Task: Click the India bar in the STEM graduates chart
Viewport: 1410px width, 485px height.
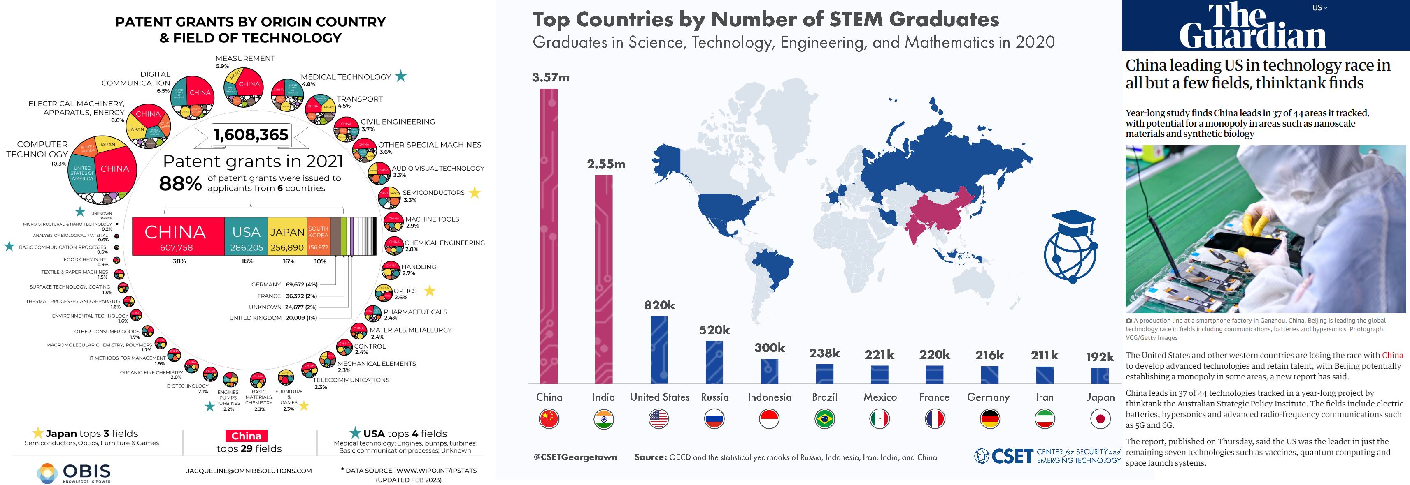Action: pos(603,279)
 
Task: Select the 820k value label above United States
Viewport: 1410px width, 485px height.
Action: pos(660,305)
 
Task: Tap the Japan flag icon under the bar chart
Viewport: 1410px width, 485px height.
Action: pos(1100,419)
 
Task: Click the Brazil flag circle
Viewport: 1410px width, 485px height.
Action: pos(824,419)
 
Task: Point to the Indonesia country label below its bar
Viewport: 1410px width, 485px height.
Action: pos(769,397)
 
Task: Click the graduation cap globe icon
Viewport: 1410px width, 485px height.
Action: pos(1070,246)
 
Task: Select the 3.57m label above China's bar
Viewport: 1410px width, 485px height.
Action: pos(551,78)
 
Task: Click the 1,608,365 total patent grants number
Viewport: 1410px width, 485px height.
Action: pos(251,134)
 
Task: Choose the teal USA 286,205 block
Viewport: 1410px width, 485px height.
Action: pos(246,237)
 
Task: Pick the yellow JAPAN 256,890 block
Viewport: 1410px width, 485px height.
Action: pos(287,237)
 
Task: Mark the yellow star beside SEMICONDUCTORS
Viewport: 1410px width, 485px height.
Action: pos(475,192)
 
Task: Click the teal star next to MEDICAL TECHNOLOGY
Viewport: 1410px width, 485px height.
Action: pos(401,76)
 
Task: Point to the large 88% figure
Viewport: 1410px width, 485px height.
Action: pos(180,184)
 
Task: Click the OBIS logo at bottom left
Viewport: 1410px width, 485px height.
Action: pos(74,472)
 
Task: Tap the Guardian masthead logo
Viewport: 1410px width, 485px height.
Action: pos(1252,26)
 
